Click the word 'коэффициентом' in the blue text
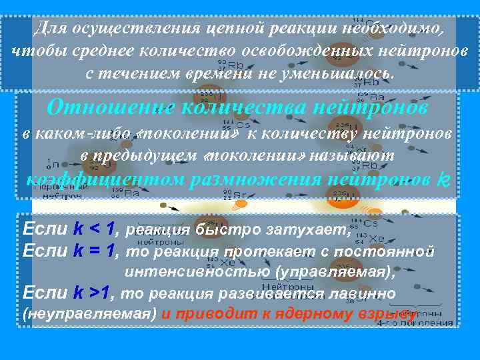101,179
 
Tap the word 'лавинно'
365,294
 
